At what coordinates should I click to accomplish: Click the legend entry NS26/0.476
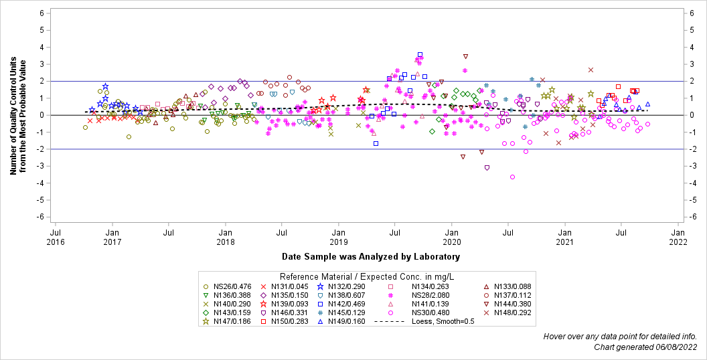228,287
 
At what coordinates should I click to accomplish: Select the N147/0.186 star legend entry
228,322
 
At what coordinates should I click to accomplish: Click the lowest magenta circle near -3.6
512,177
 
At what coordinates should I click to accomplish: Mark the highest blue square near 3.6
420,55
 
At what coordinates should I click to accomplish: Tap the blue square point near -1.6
376,143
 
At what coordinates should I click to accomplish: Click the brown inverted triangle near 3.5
465,56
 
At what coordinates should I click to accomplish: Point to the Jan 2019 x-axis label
339,237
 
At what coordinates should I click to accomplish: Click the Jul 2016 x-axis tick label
56,237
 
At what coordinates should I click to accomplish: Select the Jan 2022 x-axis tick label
678,237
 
